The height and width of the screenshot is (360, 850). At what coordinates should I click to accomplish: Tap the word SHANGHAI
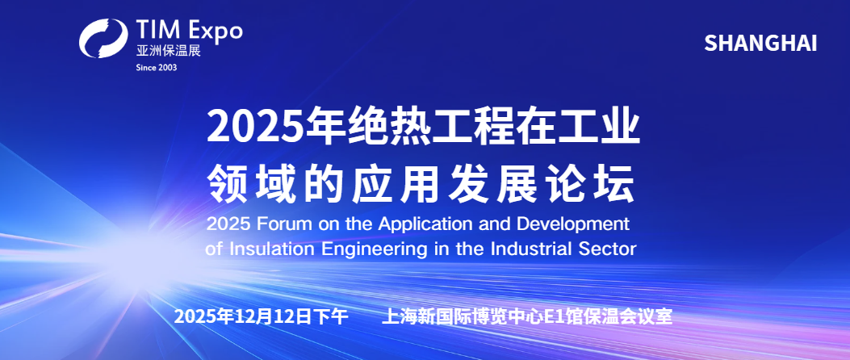[x=760, y=44]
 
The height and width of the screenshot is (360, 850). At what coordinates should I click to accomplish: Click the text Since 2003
[x=156, y=67]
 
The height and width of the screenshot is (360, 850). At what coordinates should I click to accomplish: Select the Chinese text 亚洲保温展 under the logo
[x=168, y=51]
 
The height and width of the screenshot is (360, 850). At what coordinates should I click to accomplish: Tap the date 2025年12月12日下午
[x=261, y=316]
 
